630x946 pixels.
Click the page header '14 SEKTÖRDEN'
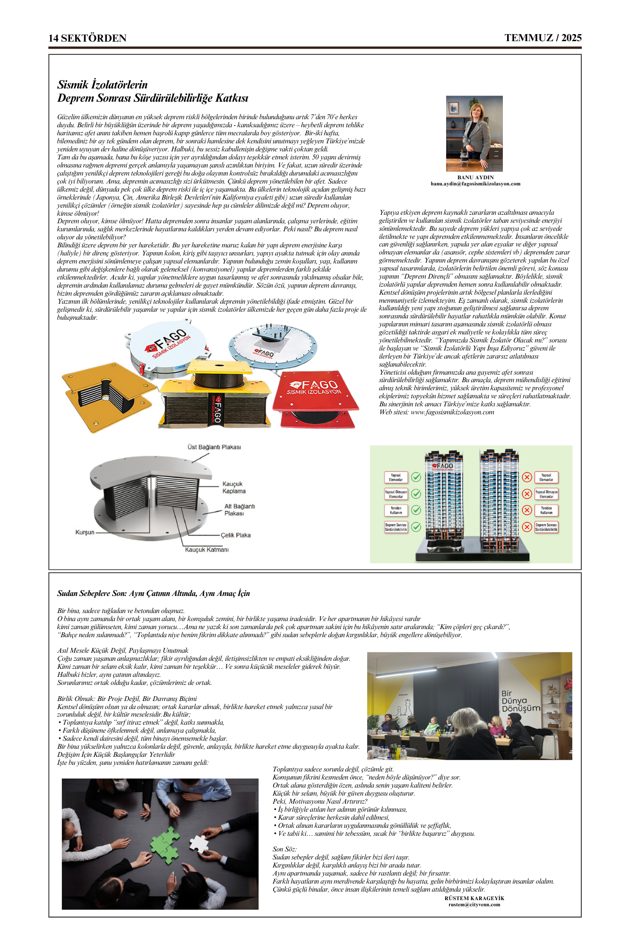point(87,38)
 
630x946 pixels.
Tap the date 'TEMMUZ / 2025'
point(543,38)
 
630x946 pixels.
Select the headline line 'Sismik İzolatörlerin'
point(103,85)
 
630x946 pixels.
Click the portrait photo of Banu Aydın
point(474,134)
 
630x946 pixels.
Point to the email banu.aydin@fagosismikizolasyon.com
point(475,184)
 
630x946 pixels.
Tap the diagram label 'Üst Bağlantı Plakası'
point(214,447)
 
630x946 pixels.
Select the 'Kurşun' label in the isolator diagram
point(85,532)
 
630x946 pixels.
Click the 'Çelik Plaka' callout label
point(236,535)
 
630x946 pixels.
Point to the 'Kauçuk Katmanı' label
point(207,550)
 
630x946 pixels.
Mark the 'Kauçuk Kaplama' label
point(233,488)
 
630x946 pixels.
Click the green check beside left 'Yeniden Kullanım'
point(416,510)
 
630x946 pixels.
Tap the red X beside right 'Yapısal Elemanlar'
point(527,477)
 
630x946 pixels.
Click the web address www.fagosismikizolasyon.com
point(452,412)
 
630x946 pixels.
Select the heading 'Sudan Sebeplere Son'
point(154,594)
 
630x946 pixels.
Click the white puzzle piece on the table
point(199,843)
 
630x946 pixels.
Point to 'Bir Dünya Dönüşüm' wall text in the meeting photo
point(520,701)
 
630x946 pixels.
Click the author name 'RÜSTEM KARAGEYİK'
point(474,898)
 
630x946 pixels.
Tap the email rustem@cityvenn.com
point(474,904)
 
